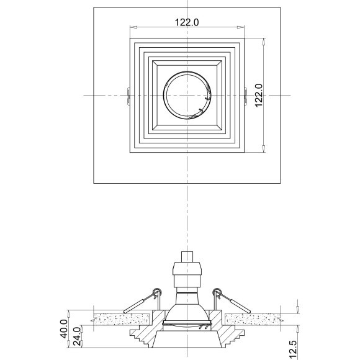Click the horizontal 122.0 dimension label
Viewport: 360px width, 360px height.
[187, 22]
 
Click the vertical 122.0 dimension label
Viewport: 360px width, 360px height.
[259, 95]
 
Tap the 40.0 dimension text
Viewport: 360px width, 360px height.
[64, 329]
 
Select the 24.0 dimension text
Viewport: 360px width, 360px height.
[77, 336]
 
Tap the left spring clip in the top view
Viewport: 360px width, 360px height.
[128, 95]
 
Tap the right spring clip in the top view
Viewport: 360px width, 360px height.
[245, 95]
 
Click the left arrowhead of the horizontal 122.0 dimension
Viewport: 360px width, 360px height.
[133, 27]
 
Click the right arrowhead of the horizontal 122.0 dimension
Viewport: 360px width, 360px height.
[241, 27]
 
